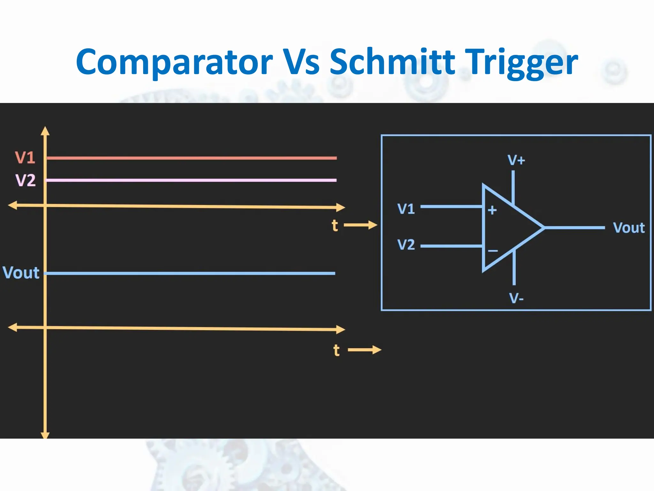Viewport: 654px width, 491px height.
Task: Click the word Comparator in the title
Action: click(174, 62)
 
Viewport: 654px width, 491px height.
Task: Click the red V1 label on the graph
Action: click(25, 158)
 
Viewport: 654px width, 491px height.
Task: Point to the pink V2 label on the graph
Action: click(25, 180)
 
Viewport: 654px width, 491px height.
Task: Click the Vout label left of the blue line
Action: click(21, 273)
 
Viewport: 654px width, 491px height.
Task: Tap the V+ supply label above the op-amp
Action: click(516, 160)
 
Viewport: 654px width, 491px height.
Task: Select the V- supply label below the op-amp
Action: click(516, 298)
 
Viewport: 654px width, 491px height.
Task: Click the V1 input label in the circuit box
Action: click(406, 209)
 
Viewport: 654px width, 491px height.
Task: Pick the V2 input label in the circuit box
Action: click(406, 245)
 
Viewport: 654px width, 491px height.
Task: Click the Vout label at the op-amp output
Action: click(629, 228)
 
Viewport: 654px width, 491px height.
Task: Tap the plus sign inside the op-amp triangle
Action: click(492, 210)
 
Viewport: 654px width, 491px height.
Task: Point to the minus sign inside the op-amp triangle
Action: click(493, 251)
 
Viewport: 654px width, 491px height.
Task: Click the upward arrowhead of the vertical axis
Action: click(45, 131)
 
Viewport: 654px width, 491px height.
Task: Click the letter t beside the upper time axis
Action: click(335, 225)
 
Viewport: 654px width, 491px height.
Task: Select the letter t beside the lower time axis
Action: click(336, 350)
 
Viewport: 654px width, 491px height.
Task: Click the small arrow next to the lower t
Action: click(365, 350)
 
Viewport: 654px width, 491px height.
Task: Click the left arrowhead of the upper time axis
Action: click(12, 205)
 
